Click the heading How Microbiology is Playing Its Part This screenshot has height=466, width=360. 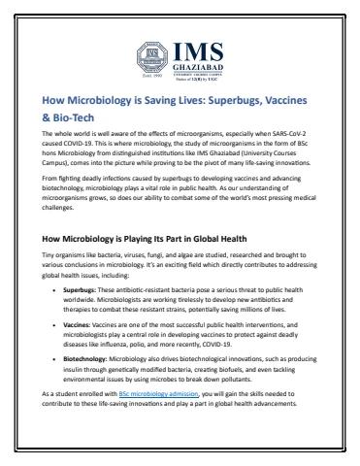(x=143, y=238)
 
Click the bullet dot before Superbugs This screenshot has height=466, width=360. (x=53, y=290)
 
